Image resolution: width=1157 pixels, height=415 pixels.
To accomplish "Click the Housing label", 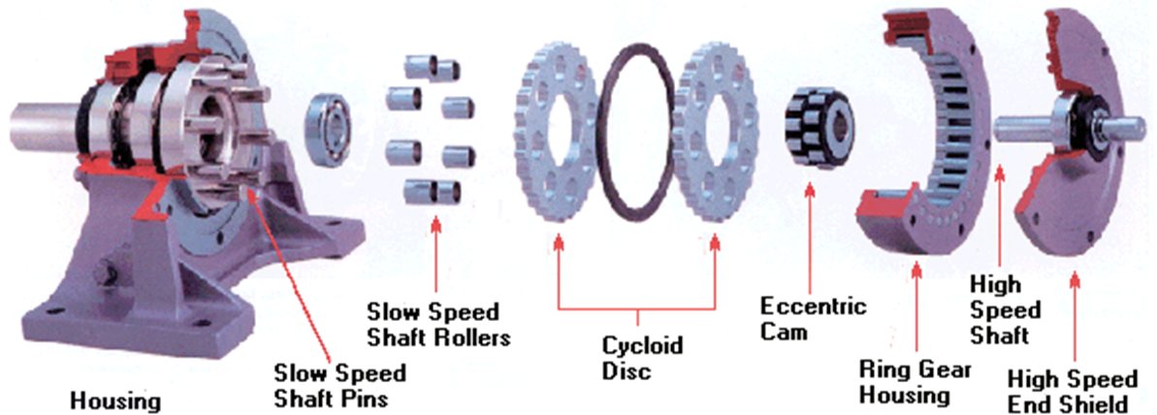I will [115, 398].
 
